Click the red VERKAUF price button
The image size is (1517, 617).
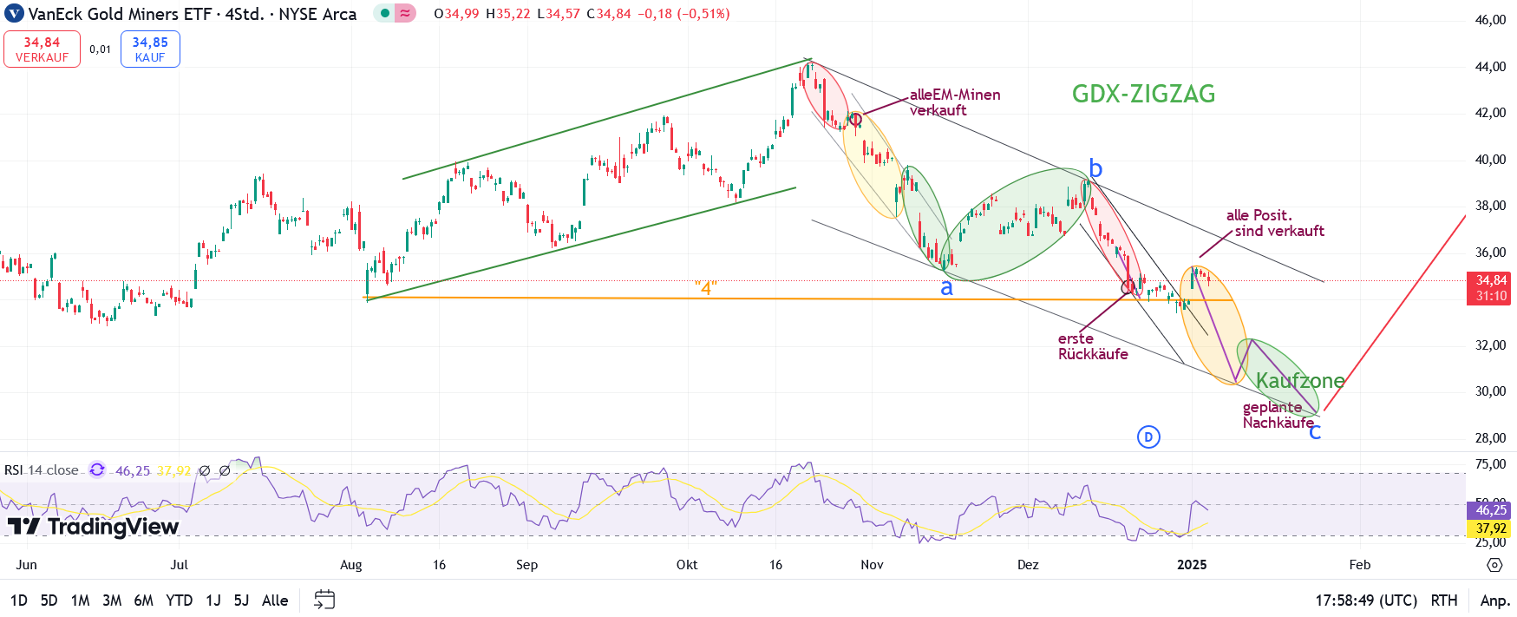[42, 49]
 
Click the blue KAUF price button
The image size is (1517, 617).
[150, 49]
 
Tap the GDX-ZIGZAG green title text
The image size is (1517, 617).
[1143, 94]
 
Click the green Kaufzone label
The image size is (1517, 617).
[1299, 380]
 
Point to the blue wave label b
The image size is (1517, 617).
[1095, 168]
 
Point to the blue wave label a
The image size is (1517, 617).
[946, 288]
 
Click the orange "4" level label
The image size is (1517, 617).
[705, 287]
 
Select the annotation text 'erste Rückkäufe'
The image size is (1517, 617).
[1092, 346]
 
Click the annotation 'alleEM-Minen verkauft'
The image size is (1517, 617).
[954, 102]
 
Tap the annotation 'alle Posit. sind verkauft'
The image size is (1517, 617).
[1275, 223]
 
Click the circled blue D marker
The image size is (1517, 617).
[1148, 436]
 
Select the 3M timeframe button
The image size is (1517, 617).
[112, 601]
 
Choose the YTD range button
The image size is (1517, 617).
[179, 601]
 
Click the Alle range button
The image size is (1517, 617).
[275, 601]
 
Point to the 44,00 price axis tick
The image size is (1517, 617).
[1490, 67]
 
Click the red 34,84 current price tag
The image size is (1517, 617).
[1491, 287]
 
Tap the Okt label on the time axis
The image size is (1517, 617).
[687, 565]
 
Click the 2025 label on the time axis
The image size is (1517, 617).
[1192, 565]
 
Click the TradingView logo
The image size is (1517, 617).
[93, 527]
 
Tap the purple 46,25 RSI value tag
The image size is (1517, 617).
[1491, 510]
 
